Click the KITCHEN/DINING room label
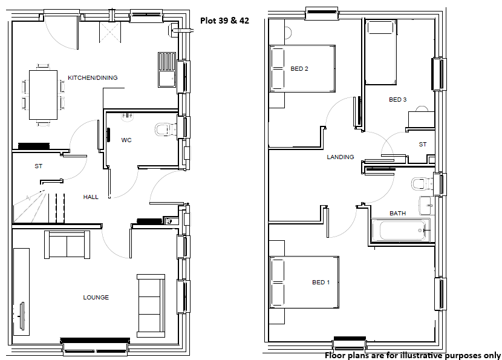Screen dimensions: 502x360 [x=93, y=78]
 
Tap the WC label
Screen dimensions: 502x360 [x=126, y=140]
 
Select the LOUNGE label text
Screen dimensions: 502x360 [x=96, y=297]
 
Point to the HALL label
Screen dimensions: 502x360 [x=91, y=197]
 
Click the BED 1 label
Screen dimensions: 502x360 [x=321, y=282]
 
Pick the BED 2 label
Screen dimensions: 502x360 [x=299, y=68]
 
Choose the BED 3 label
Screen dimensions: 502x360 [x=397, y=100]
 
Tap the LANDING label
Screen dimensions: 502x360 [x=341, y=157]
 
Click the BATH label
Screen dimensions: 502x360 [x=397, y=214]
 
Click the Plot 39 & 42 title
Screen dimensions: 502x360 [x=224, y=21]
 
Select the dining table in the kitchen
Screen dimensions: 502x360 [x=43, y=95]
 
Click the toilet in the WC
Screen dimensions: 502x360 [x=166, y=129]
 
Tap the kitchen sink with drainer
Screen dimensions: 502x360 [x=167, y=70]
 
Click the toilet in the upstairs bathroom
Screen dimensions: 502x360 [x=422, y=184]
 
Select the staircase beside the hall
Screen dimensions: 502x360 [x=39, y=208]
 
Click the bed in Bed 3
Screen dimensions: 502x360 [x=381, y=52]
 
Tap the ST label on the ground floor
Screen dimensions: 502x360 [x=39, y=166]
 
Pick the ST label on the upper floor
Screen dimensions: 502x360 [x=423, y=145]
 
